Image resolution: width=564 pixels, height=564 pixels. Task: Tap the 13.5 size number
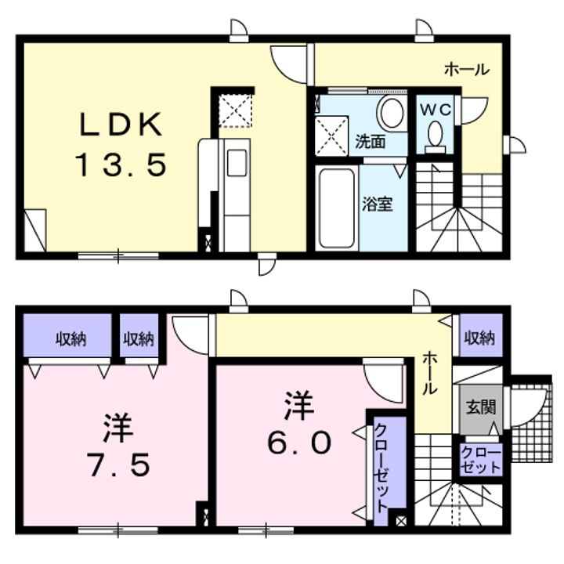pyautogui.click(x=121, y=165)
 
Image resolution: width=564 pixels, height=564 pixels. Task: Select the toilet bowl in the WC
pyautogui.click(x=436, y=137)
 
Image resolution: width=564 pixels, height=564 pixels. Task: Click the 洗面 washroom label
pyautogui.click(x=371, y=142)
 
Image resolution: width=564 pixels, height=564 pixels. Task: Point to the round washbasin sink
pyautogui.click(x=389, y=113)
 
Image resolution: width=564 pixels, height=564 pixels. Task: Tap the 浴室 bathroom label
pyautogui.click(x=376, y=205)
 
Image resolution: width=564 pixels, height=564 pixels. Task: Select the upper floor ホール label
pyautogui.click(x=468, y=70)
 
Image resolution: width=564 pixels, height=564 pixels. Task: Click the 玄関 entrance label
pyautogui.click(x=479, y=408)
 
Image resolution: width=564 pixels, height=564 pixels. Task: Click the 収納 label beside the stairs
pyautogui.click(x=479, y=338)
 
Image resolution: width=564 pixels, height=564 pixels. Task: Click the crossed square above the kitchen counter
pyautogui.click(x=234, y=110)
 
